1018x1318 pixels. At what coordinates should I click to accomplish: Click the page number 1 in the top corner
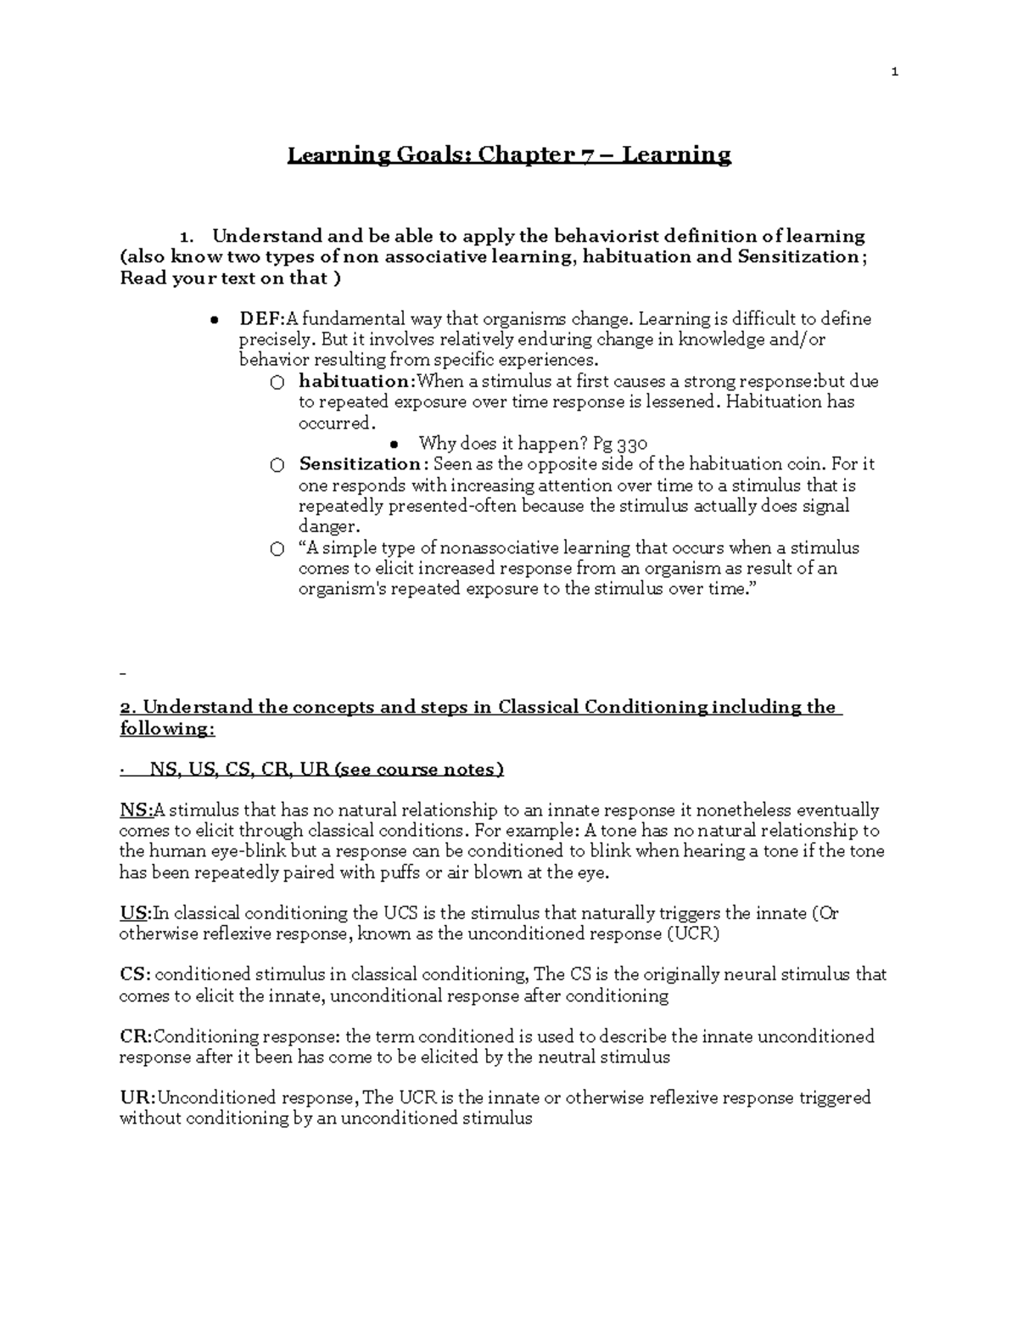894,72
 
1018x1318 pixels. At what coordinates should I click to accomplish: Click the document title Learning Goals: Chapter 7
509,155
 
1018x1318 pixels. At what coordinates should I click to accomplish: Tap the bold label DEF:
261,319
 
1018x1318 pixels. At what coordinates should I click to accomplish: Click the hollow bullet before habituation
277,383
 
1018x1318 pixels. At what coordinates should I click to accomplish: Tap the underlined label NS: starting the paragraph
135,810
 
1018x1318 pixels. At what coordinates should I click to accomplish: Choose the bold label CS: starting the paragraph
135,975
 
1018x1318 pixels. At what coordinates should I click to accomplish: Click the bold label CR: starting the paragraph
136,1037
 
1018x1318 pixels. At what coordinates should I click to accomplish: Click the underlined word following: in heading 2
166,729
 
